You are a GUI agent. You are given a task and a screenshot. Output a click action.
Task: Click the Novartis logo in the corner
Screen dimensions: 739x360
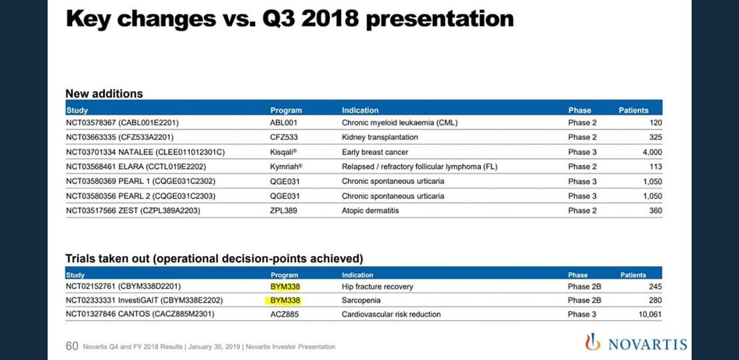(x=636, y=343)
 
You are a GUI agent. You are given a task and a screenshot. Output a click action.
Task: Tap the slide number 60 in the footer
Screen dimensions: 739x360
(x=72, y=346)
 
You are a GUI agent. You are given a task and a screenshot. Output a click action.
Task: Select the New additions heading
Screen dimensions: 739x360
(x=104, y=93)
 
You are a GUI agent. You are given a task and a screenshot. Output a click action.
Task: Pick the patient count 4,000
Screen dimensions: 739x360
(x=652, y=152)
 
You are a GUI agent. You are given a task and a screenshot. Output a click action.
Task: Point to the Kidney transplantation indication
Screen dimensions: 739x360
(x=380, y=137)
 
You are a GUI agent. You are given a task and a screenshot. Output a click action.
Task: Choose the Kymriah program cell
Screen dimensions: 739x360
(x=287, y=167)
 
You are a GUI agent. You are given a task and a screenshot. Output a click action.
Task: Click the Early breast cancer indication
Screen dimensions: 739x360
(x=375, y=152)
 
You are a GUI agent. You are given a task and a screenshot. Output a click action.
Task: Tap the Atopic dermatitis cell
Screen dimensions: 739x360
(x=370, y=211)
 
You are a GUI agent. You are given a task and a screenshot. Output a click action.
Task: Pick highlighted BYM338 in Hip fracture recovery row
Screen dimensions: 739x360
(x=285, y=287)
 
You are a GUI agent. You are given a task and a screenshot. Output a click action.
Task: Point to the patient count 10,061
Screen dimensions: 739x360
(x=650, y=314)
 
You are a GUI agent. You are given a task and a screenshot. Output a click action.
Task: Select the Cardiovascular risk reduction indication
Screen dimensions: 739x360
(x=391, y=314)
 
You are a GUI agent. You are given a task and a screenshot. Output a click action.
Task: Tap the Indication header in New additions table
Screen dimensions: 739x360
(x=360, y=111)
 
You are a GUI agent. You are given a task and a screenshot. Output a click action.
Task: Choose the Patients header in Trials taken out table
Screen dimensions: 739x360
(x=633, y=275)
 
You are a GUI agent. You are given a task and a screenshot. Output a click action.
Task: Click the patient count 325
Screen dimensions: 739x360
(x=656, y=137)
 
